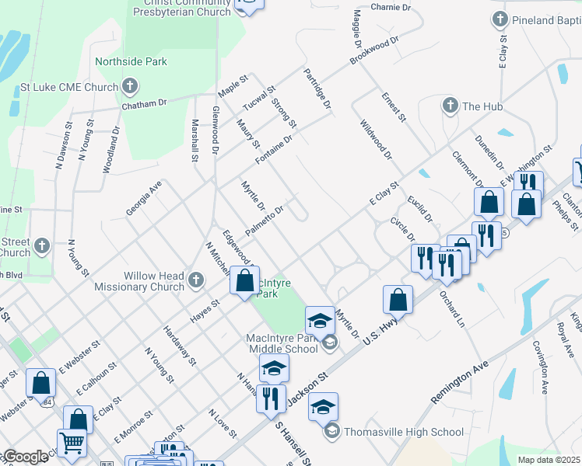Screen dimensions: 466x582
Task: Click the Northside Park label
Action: [131, 62]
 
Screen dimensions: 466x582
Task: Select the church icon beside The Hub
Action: [449, 106]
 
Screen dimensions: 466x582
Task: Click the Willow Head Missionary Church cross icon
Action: [198, 277]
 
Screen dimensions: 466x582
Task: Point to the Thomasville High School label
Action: [404, 432]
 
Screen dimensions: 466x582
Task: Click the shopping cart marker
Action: [72, 443]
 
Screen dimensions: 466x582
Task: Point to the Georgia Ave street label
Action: [144, 199]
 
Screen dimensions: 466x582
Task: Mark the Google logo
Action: [25, 457]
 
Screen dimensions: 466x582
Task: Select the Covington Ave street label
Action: [541, 362]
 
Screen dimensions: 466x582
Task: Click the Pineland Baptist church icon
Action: [499, 18]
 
